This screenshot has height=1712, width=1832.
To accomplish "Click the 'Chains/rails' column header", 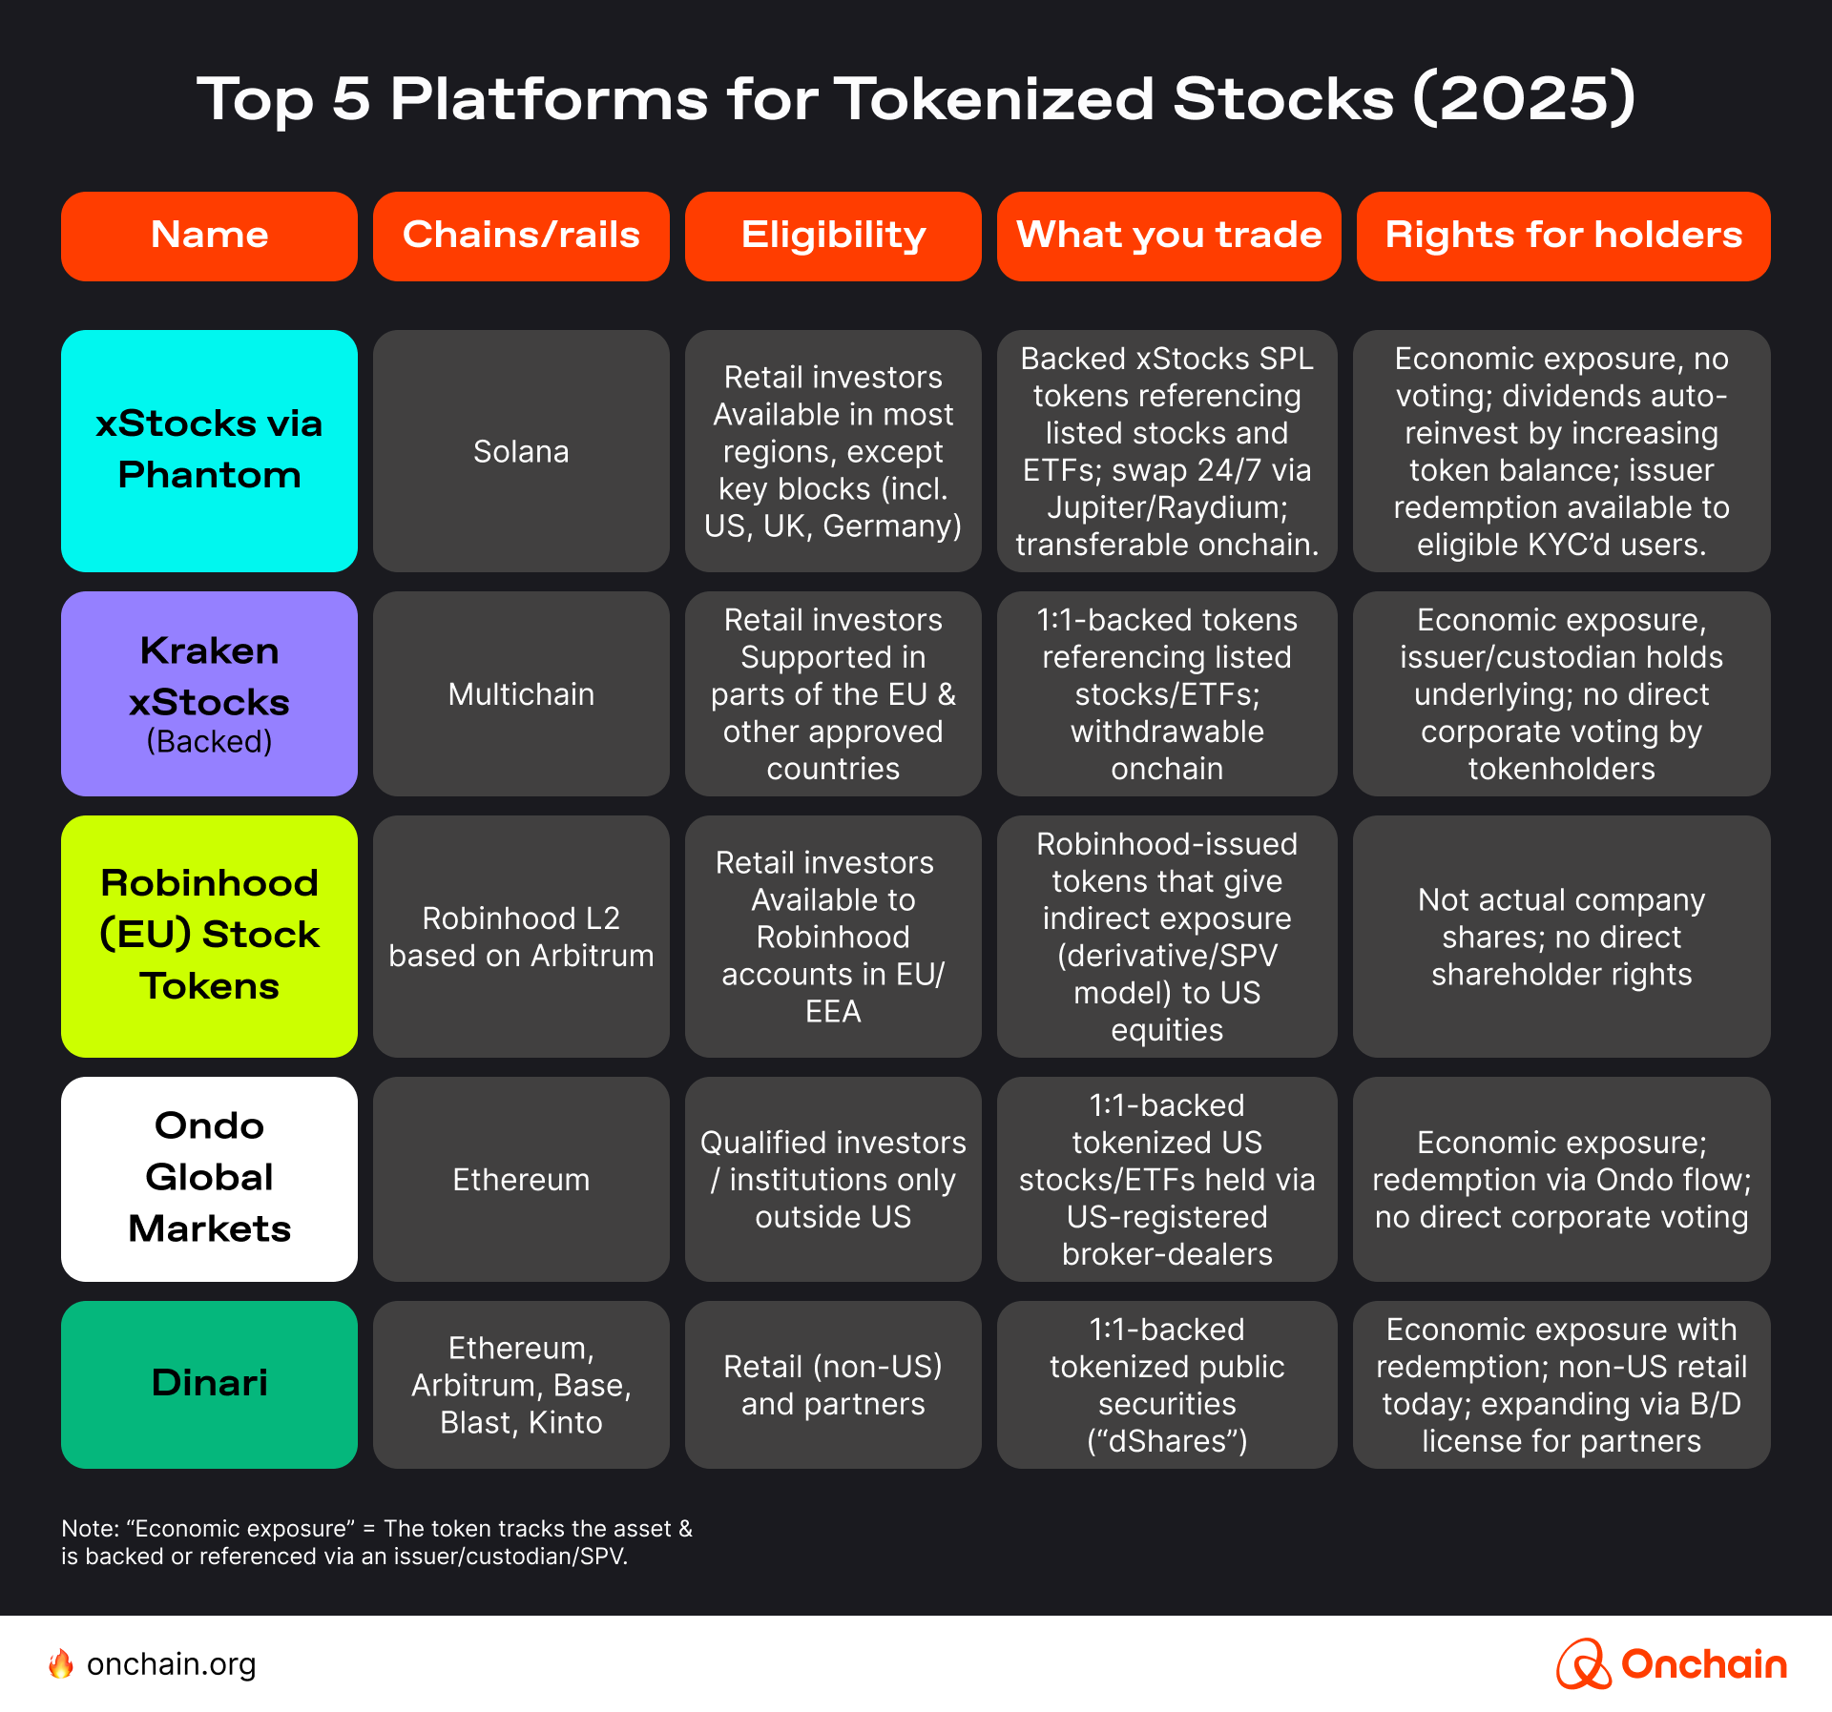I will tap(521, 236).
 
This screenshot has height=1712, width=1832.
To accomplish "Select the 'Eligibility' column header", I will tap(833, 236).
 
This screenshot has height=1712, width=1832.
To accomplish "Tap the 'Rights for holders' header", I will tap(1563, 236).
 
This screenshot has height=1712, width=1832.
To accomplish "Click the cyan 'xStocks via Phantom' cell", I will tap(209, 450).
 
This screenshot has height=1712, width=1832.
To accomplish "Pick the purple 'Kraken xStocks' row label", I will tap(209, 693).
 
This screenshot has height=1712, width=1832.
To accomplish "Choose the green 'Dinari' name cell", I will tap(209, 1383).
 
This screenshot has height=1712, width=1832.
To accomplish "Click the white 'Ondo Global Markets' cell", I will tap(209, 1178).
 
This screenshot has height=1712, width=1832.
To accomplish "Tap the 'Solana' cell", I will tap(521, 451).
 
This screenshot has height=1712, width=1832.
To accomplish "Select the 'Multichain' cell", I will tap(521, 694).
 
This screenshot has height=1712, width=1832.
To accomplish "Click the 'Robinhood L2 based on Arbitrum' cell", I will tap(521, 937).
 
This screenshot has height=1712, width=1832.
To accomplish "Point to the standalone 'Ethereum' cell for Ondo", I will tap(521, 1180).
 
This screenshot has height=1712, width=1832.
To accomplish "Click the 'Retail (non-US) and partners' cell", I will tap(833, 1385).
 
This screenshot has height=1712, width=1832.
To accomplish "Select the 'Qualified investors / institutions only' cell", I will tap(833, 1180).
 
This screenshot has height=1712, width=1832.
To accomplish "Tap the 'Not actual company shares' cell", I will tap(1561, 937).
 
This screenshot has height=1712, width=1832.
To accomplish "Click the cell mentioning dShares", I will tap(1167, 1385).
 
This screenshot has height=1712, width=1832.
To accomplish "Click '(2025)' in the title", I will tap(1524, 98).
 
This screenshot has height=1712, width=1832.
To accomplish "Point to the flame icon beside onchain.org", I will tap(61, 1664).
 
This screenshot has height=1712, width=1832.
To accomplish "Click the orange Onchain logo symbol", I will tap(1584, 1664).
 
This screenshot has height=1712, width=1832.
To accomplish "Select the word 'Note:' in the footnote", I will tap(90, 1529).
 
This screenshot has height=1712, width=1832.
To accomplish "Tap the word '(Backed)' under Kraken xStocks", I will tap(209, 742).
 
